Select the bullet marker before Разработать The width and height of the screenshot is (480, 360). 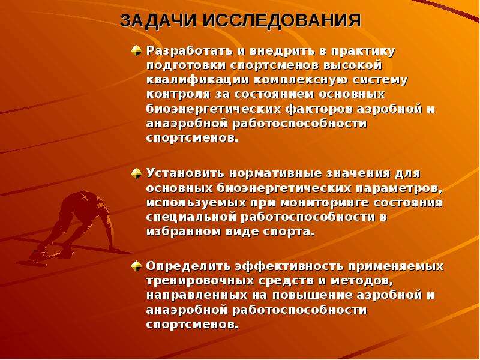[136, 51]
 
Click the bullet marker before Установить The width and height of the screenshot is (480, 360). [136, 173]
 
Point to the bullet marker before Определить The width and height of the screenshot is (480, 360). [136, 266]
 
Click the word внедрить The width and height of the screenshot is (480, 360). [282, 51]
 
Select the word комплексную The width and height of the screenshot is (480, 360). [301, 80]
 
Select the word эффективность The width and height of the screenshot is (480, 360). [289, 266]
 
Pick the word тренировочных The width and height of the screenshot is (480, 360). [200, 281]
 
